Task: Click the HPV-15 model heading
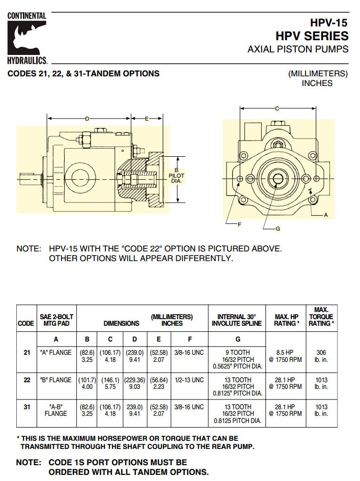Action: pos(329,23)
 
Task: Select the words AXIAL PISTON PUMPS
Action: pos(298,49)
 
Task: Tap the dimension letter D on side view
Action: pos(87,118)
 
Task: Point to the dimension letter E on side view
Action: pos(147,118)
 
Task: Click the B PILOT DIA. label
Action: pos(176,176)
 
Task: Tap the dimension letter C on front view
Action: pos(277,108)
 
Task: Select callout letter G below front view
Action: pos(278,229)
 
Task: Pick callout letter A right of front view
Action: pos(326,215)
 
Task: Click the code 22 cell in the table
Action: pos(26,380)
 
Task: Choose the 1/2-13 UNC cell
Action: pos(190,380)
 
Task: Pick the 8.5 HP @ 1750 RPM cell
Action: pos(288,356)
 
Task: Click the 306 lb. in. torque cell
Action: pos(321,356)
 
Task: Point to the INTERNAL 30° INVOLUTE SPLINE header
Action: pos(237,320)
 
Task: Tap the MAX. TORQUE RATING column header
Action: pos(321,316)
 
